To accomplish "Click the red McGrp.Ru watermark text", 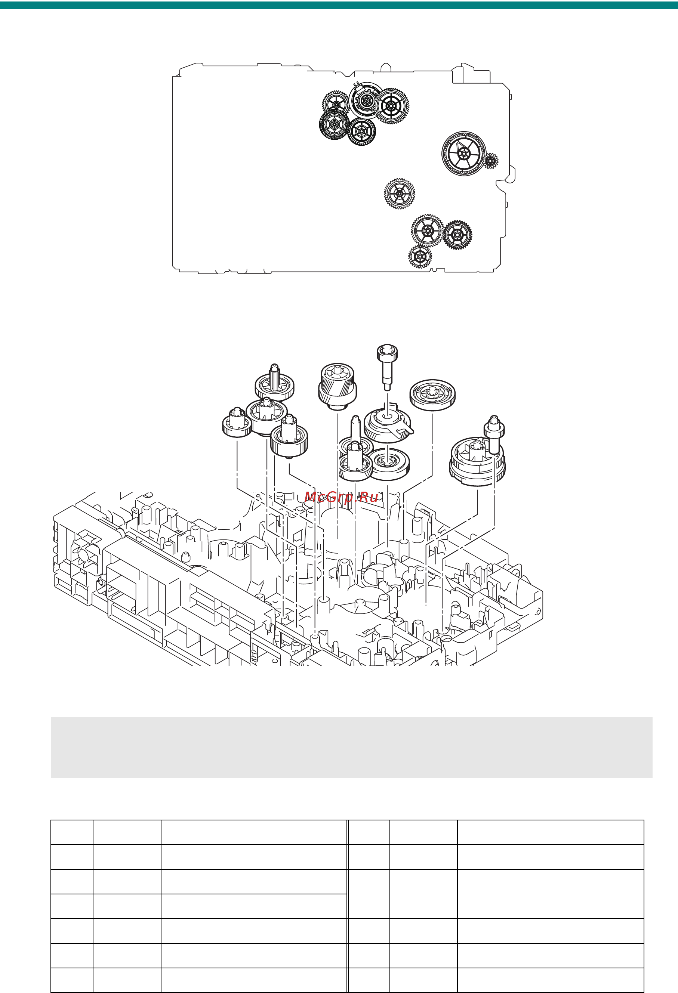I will [x=341, y=497].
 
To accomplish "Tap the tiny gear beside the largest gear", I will [x=490, y=161].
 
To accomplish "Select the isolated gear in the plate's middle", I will [x=399, y=194].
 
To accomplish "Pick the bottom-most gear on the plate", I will [x=420, y=256].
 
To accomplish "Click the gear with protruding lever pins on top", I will [x=366, y=101].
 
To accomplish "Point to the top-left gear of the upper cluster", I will [x=336, y=104].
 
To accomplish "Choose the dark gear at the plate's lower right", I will [x=457, y=235].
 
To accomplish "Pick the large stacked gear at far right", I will [x=476, y=463].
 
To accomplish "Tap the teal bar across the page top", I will [x=339, y=5].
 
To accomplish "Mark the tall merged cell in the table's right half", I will [x=551, y=894].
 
